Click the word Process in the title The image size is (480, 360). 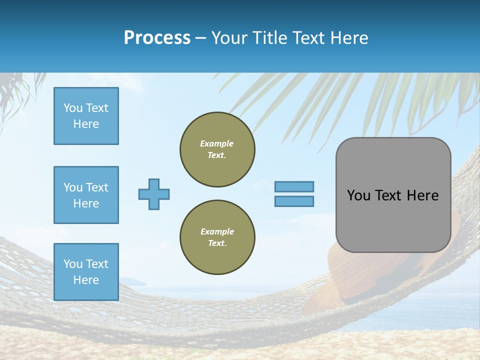(157, 38)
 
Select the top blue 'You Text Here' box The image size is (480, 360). (86, 116)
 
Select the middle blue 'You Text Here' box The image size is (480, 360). (86, 195)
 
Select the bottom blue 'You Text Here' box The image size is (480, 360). (86, 272)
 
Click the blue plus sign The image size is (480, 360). (154, 194)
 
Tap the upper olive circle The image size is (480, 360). (217, 149)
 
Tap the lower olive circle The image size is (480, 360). (217, 237)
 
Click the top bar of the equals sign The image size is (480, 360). (294, 186)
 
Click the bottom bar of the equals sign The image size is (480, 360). (294, 201)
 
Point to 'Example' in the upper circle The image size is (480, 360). (216, 143)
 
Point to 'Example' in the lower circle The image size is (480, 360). (216, 231)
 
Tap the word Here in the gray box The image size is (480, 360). (422, 195)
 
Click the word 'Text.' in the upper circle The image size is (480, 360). (217, 155)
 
